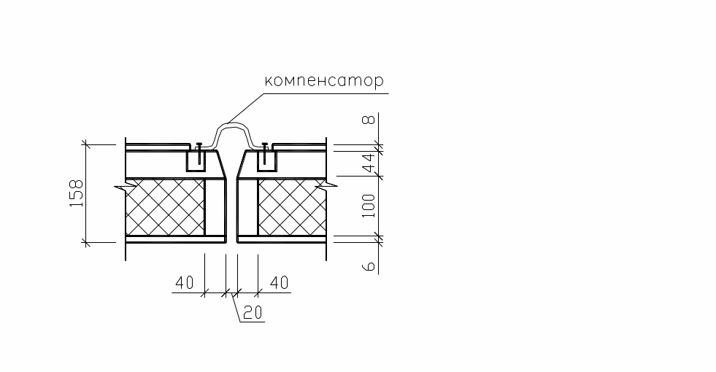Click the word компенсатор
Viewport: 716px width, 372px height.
point(323,81)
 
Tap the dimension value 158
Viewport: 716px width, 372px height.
point(77,193)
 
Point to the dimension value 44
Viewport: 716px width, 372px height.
point(371,162)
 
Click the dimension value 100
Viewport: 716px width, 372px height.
point(371,206)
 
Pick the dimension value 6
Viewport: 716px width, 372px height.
point(371,264)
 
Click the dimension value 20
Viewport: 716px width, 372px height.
point(253,312)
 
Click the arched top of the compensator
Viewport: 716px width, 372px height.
point(231,126)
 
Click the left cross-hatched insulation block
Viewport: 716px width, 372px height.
point(165,207)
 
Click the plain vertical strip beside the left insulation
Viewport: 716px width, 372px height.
point(214,207)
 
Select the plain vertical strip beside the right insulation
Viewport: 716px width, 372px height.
point(248,207)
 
